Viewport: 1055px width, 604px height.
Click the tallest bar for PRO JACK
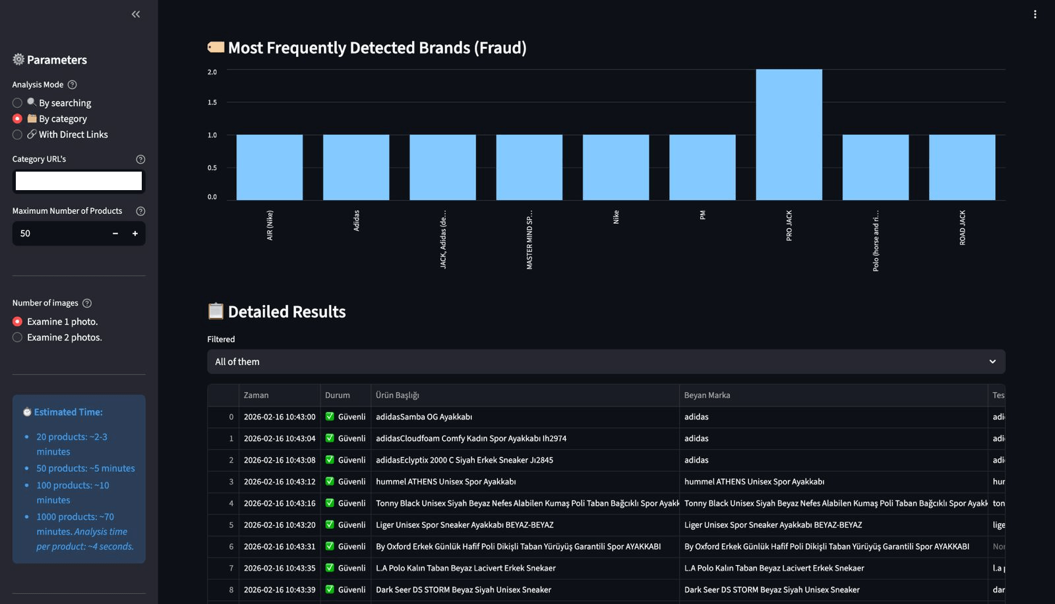(x=789, y=135)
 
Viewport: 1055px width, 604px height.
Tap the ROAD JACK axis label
(x=962, y=228)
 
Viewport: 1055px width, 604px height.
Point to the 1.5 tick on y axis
(x=212, y=102)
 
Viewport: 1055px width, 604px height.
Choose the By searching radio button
(x=18, y=103)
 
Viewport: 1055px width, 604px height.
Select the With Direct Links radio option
(x=18, y=135)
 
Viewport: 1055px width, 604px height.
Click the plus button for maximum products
(x=135, y=234)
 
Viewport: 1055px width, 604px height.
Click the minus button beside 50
(x=115, y=234)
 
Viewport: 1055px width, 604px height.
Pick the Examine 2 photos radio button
(x=18, y=337)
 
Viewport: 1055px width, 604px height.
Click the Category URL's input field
(x=78, y=181)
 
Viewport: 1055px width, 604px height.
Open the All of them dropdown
(x=605, y=362)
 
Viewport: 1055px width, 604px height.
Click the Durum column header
(x=338, y=395)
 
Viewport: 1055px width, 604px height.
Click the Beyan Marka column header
(x=707, y=395)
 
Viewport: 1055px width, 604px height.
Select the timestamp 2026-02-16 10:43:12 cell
(x=280, y=482)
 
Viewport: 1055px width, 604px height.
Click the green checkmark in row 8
(x=330, y=589)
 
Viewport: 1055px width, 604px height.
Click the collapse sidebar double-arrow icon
(x=136, y=14)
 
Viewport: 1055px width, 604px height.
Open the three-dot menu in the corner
(x=1035, y=14)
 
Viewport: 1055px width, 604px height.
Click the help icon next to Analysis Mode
(x=73, y=84)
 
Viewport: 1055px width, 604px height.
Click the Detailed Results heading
(x=286, y=312)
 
